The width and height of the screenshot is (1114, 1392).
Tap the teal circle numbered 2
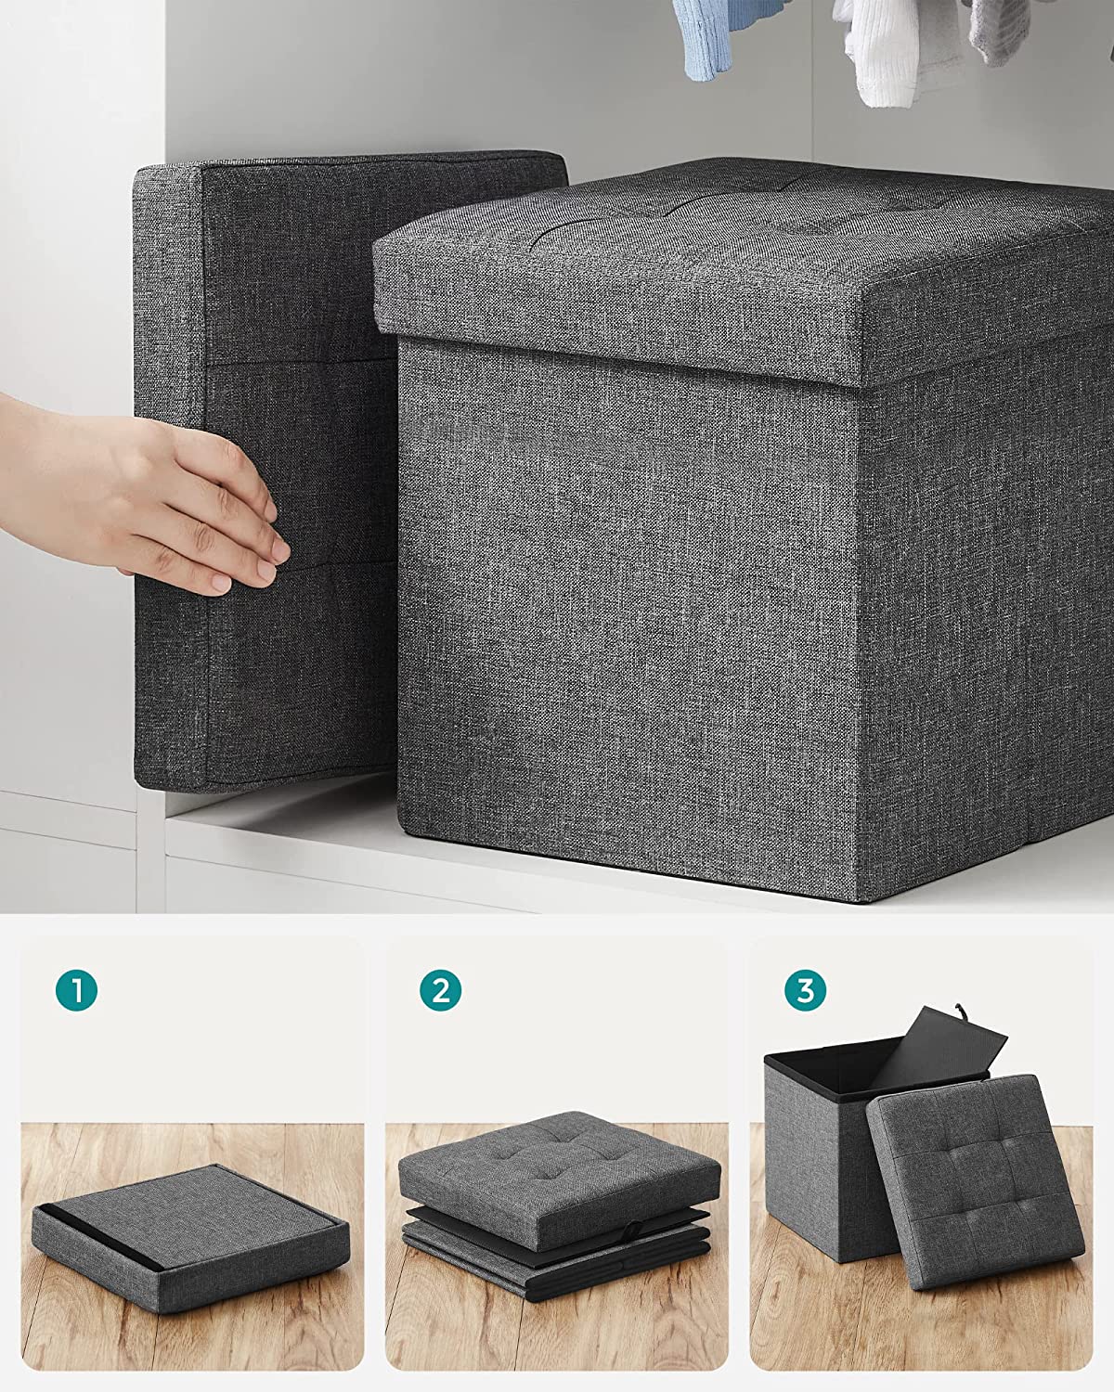point(440,990)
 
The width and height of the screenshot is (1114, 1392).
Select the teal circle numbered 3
point(804,990)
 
